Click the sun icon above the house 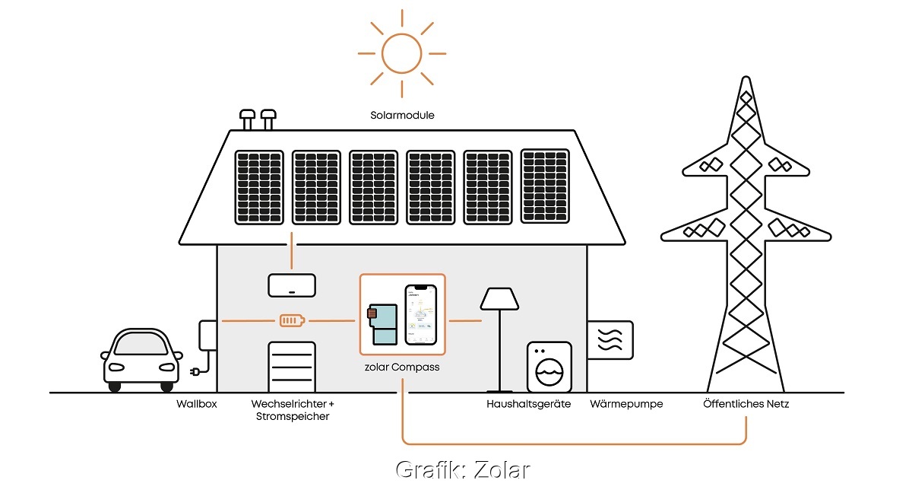coord(401,52)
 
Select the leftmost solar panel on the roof coord(258,187)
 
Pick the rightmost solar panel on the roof coord(544,186)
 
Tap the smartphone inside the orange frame coord(422,315)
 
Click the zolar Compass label coord(401,367)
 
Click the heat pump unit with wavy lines coord(610,339)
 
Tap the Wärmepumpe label coord(626,404)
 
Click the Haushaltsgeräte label coord(528,404)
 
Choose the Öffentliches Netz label coord(746,404)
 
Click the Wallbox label coord(196,404)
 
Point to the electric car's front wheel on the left coord(114,386)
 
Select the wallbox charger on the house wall coord(206,336)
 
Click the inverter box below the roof coord(291,285)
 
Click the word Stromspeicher coord(293,417)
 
